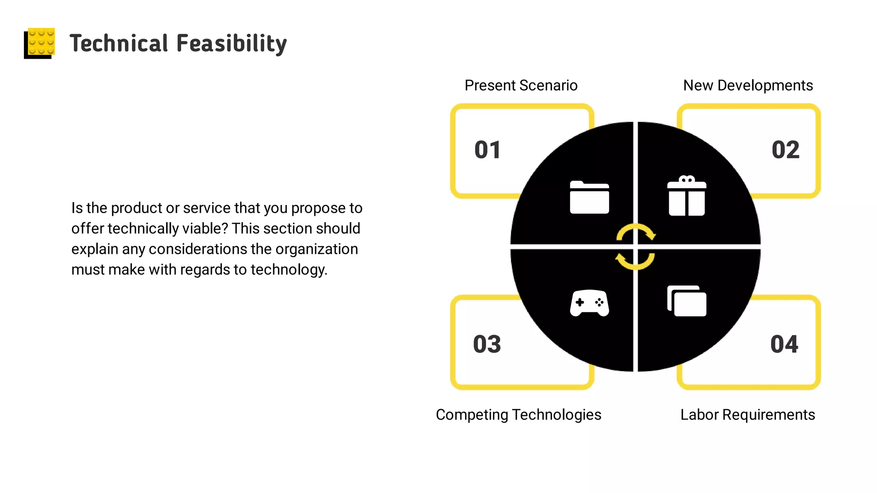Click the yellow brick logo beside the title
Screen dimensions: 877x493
(40, 43)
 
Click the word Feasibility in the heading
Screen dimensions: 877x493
(231, 44)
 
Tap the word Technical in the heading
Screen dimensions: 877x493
(119, 44)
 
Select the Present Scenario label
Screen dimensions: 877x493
(521, 86)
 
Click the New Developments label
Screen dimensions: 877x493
(748, 86)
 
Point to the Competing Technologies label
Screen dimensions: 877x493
(518, 415)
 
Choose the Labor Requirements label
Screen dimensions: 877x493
(747, 415)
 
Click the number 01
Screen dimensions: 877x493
(487, 150)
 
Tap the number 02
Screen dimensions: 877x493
(785, 150)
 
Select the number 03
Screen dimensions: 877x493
(487, 345)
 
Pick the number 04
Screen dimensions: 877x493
(784, 345)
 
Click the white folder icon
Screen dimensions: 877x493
(589, 197)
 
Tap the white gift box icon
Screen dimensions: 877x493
(686, 196)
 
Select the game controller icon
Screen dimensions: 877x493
(589, 303)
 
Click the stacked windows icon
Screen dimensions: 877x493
(686, 301)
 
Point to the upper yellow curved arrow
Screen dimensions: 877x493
(635, 231)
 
